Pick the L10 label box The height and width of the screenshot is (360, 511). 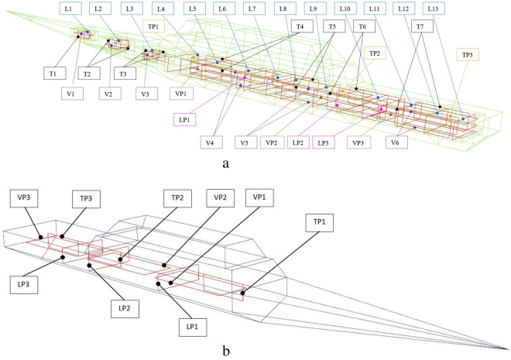(x=344, y=9)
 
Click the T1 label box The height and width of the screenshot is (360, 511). (x=53, y=74)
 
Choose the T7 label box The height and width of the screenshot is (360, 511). (x=420, y=26)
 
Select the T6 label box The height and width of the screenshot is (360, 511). (x=362, y=26)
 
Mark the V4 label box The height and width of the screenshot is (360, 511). (x=209, y=142)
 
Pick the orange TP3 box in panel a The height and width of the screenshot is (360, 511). (x=467, y=54)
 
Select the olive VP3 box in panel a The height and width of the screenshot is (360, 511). (x=358, y=142)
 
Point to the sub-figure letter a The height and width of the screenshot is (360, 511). (x=225, y=163)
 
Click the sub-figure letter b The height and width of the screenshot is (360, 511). (x=225, y=351)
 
